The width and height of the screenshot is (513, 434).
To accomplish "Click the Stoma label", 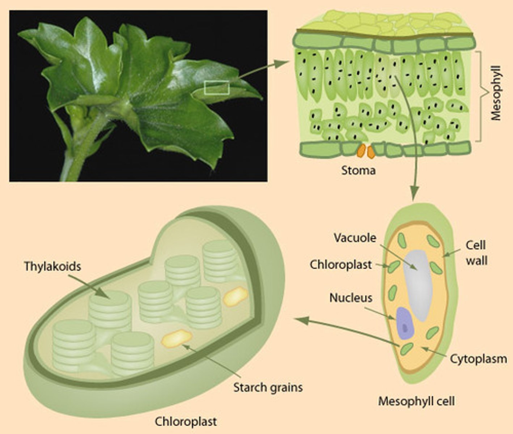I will tap(358, 170).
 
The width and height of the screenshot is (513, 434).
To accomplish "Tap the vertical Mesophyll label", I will tap(496, 93).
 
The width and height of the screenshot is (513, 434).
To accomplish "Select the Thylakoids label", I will tap(52, 267).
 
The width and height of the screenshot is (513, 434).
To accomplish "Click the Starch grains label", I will tap(268, 387).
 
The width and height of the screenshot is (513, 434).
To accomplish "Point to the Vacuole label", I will tap(355, 238).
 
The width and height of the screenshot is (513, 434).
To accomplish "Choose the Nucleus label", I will tap(351, 298).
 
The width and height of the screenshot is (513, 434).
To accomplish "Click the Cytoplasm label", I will tap(478, 359).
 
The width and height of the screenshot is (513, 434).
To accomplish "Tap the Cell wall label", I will tap(476, 253).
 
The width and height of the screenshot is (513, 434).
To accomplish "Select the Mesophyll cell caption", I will tap(416, 401).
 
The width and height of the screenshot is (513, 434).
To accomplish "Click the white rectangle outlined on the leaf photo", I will tap(217, 88).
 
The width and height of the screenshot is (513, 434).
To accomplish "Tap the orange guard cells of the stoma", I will tap(366, 152).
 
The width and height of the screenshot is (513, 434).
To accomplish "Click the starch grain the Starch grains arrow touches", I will tap(176, 338).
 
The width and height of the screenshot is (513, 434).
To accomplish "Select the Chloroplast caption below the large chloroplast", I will tap(186, 421).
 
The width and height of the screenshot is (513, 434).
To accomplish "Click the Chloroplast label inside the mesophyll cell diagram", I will tap(340, 265).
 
